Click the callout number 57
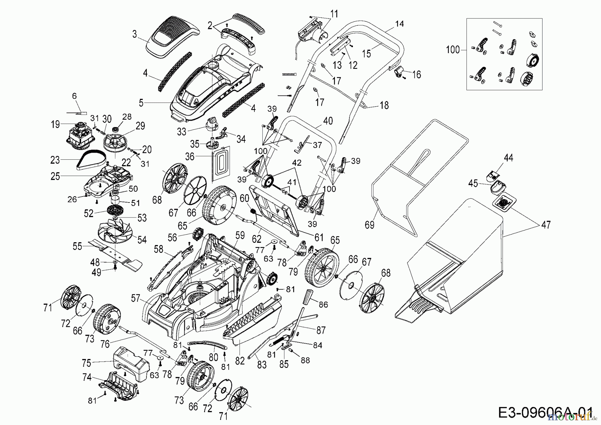click(x=136, y=298)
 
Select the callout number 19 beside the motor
click(x=55, y=124)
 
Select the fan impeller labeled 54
click(x=113, y=230)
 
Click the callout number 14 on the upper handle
click(x=399, y=24)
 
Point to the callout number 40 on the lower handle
click(x=328, y=121)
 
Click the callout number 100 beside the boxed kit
click(x=453, y=50)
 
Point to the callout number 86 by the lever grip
click(x=323, y=304)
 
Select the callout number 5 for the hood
click(x=141, y=103)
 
